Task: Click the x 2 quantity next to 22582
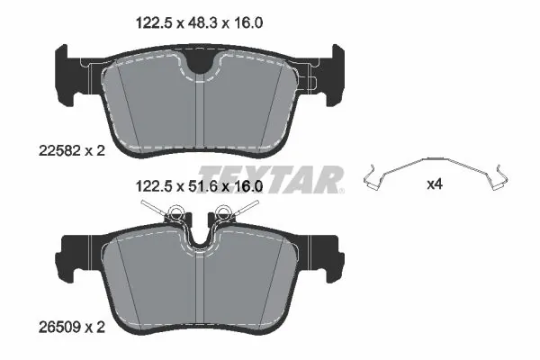coord(95,151)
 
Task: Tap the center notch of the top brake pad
coord(202,63)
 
